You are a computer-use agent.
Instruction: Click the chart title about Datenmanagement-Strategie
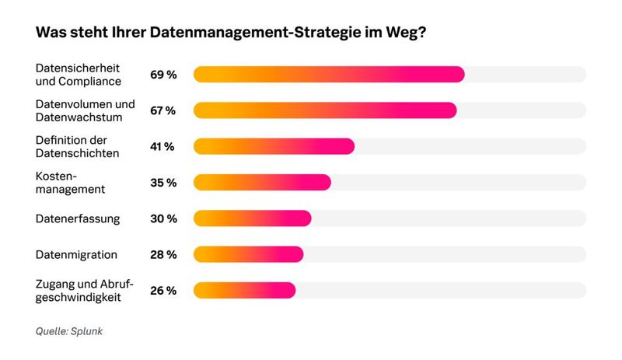point(230,35)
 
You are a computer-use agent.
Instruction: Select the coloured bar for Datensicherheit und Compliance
point(328,75)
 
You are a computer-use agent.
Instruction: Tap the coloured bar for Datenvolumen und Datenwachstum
point(324,110)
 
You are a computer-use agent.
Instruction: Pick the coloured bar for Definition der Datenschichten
point(274,146)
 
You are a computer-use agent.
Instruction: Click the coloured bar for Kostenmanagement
point(262,183)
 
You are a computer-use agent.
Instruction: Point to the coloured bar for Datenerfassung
point(252,218)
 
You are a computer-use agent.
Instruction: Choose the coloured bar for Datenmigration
point(248,254)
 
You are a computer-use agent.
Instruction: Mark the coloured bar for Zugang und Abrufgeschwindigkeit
point(244,290)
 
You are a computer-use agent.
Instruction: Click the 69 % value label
point(163,75)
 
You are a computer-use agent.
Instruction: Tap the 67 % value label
point(163,110)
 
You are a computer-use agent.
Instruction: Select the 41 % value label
point(162,146)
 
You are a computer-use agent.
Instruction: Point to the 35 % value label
point(163,183)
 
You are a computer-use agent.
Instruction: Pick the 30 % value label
point(163,218)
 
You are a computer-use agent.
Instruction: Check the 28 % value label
point(163,254)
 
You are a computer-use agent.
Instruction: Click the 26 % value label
point(163,290)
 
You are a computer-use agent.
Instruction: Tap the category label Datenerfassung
point(78,218)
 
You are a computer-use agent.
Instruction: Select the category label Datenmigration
point(76,254)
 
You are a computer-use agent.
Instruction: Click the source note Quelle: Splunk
point(69,331)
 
